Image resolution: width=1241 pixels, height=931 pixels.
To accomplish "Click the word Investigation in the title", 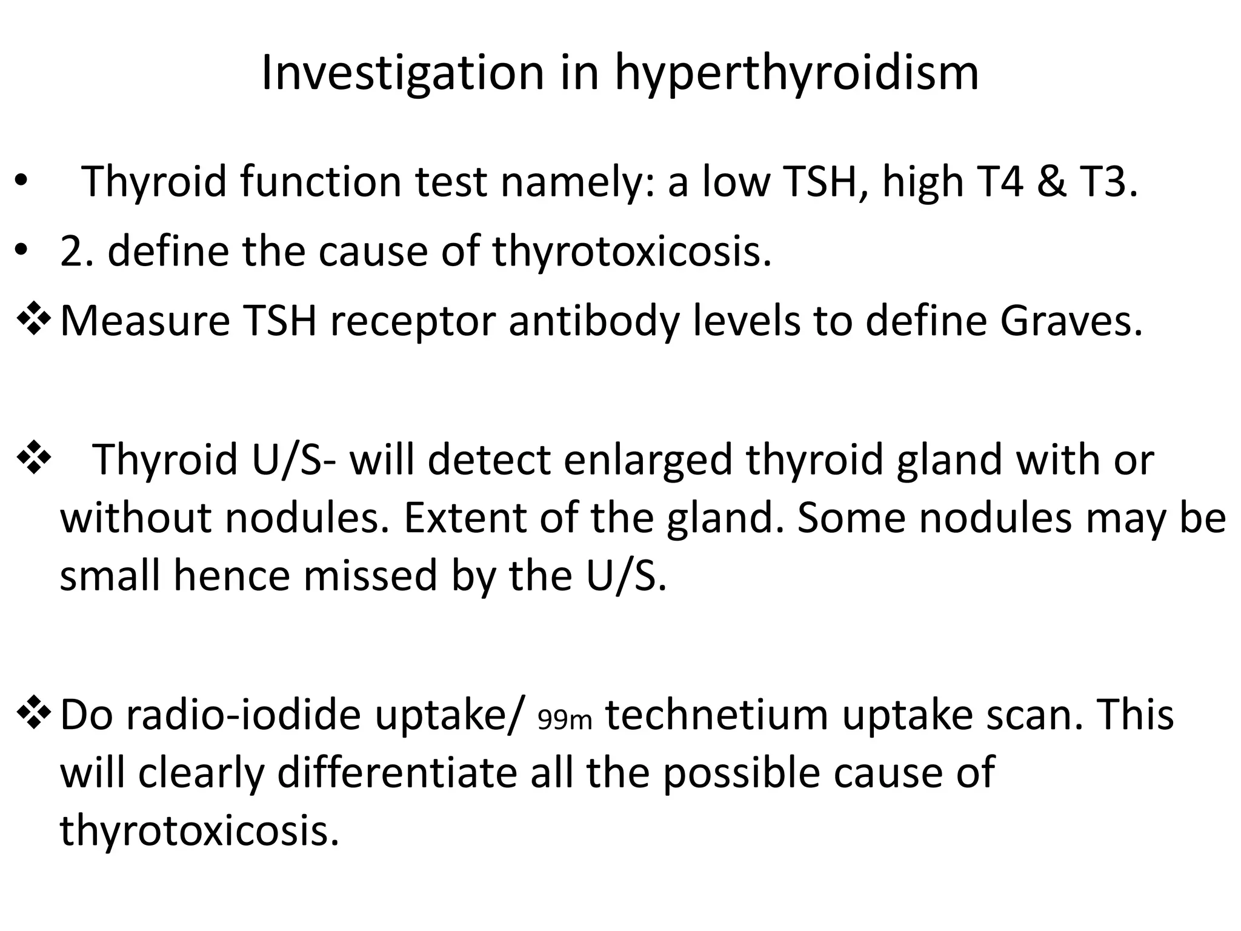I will point(402,73).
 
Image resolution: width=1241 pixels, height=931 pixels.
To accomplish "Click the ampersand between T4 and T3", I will point(1054,181).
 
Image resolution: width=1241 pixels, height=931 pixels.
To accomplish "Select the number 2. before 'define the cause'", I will point(78,251).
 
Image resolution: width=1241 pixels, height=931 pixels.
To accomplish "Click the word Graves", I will point(1071,321).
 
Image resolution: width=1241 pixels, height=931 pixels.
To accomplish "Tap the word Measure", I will point(145,321).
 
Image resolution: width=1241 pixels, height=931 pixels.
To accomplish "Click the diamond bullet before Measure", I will point(34,321).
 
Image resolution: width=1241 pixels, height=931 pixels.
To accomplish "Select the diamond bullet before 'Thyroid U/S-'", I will point(34,459).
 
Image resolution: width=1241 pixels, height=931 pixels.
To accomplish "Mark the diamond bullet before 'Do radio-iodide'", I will point(34,714).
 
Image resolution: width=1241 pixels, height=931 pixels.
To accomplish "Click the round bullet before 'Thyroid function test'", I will point(21,181).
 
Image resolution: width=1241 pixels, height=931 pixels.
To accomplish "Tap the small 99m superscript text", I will point(565,720).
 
